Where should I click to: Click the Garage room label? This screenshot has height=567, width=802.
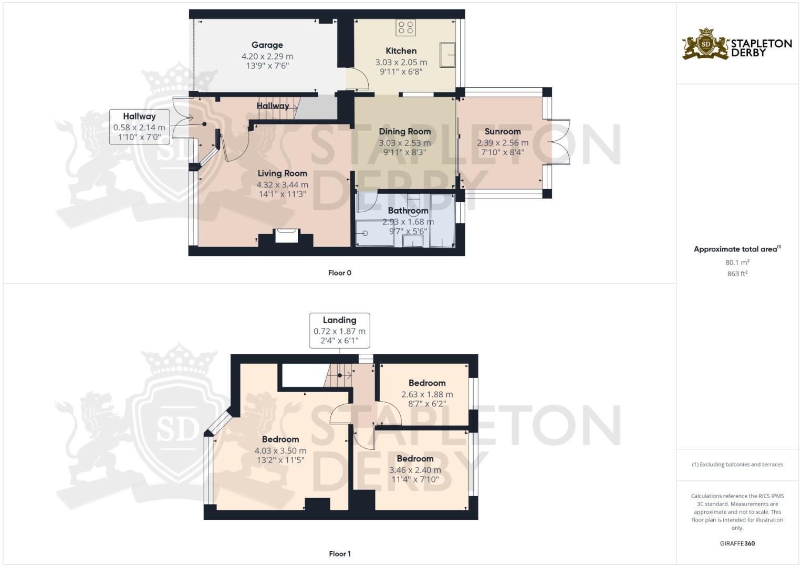pyautogui.click(x=267, y=45)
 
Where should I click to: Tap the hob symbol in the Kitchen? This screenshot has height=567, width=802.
pyautogui.click(x=405, y=28)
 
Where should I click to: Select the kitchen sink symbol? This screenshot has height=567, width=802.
pyautogui.click(x=447, y=55)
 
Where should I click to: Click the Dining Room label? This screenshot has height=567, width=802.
pyautogui.click(x=404, y=131)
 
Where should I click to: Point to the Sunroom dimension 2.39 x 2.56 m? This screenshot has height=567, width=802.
pyautogui.click(x=503, y=143)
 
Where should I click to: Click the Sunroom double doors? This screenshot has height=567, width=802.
pyautogui.click(x=559, y=142)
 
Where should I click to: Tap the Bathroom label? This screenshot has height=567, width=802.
pyautogui.click(x=408, y=211)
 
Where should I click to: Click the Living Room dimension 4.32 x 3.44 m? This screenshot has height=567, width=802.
pyautogui.click(x=282, y=185)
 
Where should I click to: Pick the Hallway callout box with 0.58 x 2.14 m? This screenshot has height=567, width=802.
pyautogui.click(x=139, y=127)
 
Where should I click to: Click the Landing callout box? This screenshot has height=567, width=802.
pyautogui.click(x=339, y=331)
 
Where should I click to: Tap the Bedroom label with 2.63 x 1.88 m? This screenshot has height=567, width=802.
pyautogui.click(x=427, y=383)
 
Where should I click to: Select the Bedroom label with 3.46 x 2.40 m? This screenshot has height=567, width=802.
pyautogui.click(x=415, y=459)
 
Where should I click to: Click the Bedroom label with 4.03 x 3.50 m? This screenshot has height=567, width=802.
pyautogui.click(x=280, y=439)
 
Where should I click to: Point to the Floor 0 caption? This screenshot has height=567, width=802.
pyautogui.click(x=339, y=273)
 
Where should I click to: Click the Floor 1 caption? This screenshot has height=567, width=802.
pyautogui.click(x=339, y=554)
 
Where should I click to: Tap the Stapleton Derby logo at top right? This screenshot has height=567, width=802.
pyautogui.click(x=737, y=44)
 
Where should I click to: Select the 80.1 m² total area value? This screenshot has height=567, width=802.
pyautogui.click(x=737, y=262)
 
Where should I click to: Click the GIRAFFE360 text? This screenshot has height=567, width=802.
pyautogui.click(x=737, y=543)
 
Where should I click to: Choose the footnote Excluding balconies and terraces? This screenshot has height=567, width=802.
pyautogui.click(x=737, y=465)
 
